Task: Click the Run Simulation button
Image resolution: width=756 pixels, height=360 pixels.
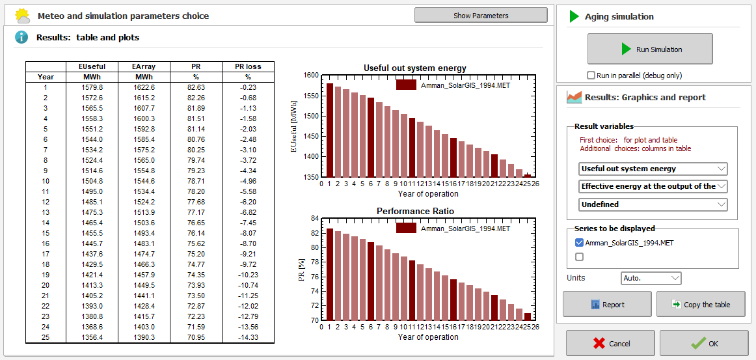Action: click(649, 49)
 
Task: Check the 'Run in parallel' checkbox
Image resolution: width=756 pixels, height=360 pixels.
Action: click(591, 76)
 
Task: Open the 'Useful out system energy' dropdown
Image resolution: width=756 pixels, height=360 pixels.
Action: click(653, 169)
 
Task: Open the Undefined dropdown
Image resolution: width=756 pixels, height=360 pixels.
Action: click(653, 204)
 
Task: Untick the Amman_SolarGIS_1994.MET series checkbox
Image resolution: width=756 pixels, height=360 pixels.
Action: click(580, 243)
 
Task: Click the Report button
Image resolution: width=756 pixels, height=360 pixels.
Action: click(606, 304)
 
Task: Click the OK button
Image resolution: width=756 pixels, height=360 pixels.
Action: click(703, 343)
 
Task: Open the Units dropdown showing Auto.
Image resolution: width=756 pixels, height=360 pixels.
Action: click(651, 278)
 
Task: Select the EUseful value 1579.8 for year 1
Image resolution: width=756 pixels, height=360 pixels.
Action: click(92, 87)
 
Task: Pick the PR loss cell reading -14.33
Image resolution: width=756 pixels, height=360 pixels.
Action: click(248, 337)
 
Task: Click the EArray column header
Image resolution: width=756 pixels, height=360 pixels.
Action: click(143, 66)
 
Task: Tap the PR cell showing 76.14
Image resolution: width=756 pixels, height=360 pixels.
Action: click(196, 233)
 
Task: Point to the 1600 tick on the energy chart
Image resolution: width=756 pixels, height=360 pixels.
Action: click(311, 76)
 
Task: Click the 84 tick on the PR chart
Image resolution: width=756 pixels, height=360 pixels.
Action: click(314, 219)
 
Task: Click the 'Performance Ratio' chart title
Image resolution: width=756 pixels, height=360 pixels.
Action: click(414, 212)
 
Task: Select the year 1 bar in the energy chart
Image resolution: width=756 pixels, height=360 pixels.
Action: click(329, 130)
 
